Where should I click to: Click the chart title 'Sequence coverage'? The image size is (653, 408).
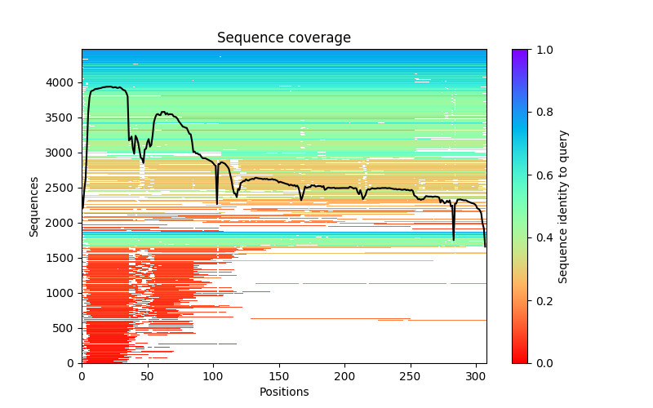pos(284,38)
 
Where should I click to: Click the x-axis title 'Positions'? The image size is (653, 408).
pos(284,392)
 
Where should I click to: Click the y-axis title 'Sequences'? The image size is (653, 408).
pos(34,206)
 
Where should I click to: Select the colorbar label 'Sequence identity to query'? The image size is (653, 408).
pos(563,206)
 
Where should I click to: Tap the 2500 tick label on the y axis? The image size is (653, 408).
pos(64,188)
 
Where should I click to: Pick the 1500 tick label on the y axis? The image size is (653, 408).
pos(64,258)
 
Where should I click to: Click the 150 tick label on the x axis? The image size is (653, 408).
pos(279,376)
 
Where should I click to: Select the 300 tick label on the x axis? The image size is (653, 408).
pos(476,376)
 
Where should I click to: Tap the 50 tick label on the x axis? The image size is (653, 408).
pos(148,376)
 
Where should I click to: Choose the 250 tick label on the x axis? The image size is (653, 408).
pos(411,376)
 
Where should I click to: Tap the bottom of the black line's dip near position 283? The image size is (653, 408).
pos(454,240)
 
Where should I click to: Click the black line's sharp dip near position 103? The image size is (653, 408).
pos(217,203)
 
